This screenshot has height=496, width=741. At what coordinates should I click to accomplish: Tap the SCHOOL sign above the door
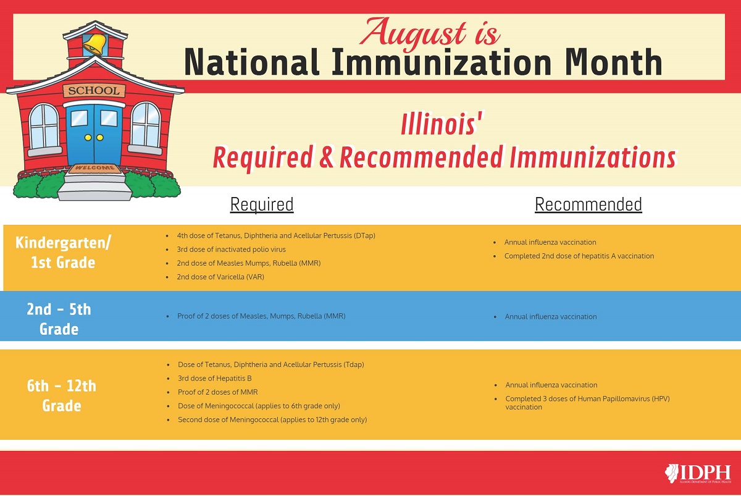(x=94, y=91)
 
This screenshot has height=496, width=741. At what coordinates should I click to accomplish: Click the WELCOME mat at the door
(x=94, y=168)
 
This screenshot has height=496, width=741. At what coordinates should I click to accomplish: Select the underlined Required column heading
(x=262, y=204)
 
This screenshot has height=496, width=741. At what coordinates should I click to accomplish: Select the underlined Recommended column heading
(x=588, y=204)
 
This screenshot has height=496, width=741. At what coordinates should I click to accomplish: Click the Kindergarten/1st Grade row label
(x=63, y=252)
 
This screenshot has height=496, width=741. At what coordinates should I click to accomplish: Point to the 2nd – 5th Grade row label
(x=59, y=319)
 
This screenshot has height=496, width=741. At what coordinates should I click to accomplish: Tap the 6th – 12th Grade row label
(x=62, y=396)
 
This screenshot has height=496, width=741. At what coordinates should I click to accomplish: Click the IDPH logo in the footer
(x=698, y=473)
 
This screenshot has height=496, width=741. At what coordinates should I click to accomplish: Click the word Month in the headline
(x=614, y=62)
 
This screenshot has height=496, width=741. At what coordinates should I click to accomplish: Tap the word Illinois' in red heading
(x=442, y=124)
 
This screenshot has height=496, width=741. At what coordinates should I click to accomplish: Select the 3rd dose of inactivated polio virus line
(x=231, y=250)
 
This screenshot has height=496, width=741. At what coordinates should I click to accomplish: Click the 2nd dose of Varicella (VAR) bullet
(x=220, y=277)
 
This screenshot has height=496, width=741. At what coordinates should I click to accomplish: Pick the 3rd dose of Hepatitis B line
(x=215, y=378)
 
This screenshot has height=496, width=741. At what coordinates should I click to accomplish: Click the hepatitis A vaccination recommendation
(x=579, y=256)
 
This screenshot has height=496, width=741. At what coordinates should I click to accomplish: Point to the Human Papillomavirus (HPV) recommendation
(x=587, y=403)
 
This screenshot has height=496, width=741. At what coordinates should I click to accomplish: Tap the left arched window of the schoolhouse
(x=44, y=127)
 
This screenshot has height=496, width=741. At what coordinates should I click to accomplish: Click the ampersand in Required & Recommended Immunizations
(x=326, y=158)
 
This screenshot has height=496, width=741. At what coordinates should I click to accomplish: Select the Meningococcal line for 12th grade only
(x=272, y=419)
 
